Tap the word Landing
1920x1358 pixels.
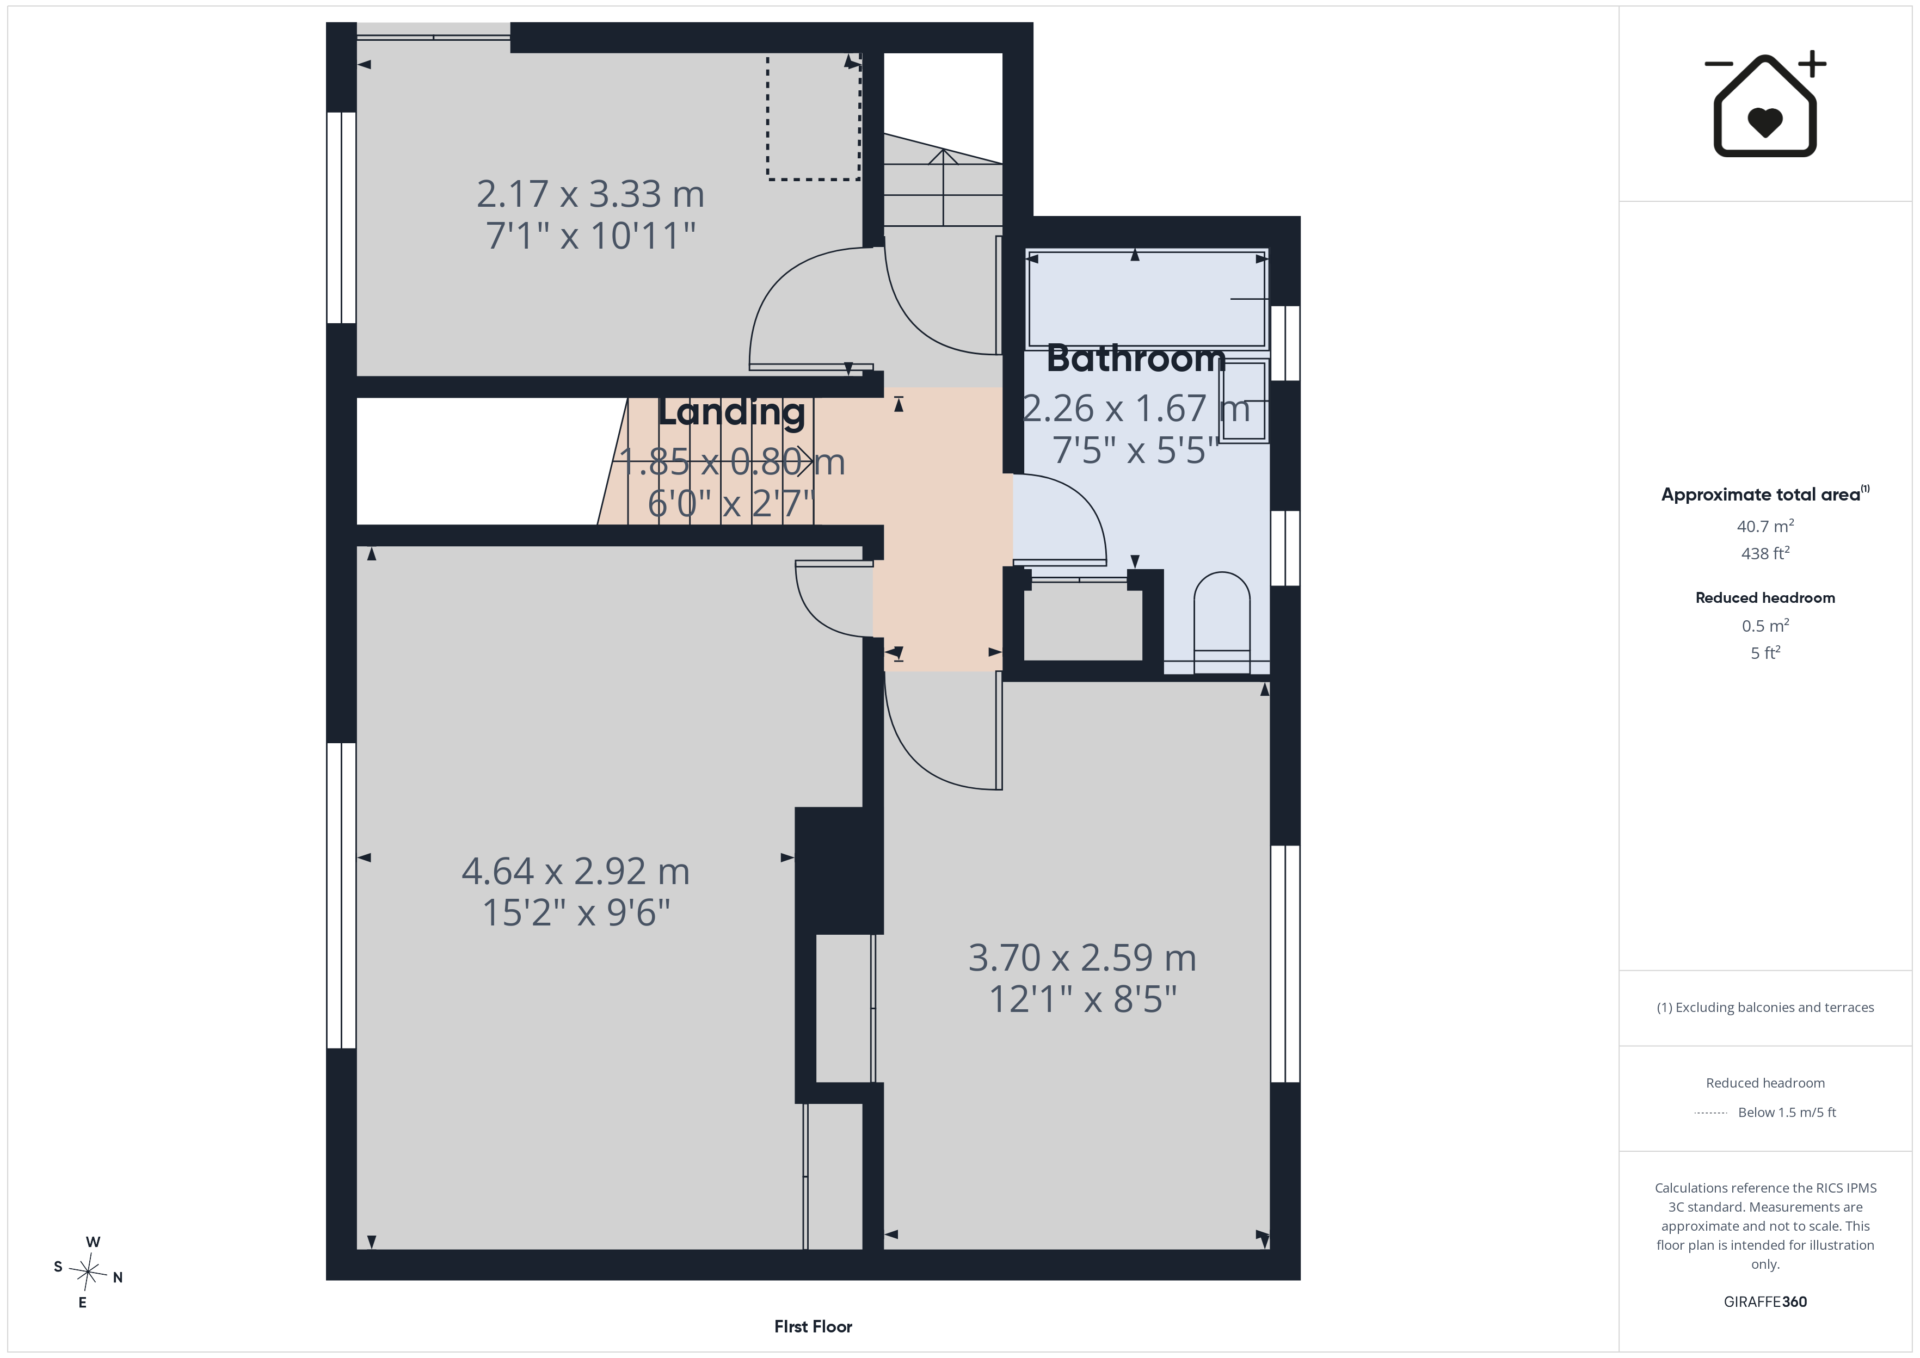(x=731, y=413)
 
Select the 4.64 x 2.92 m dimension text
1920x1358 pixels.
(x=575, y=871)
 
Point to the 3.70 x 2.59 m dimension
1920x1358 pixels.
(x=1082, y=958)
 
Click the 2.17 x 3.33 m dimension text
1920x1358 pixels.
(x=590, y=194)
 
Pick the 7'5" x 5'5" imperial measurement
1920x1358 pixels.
(x=1136, y=450)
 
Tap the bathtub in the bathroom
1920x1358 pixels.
(x=1147, y=299)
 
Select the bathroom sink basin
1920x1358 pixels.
(x=1244, y=402)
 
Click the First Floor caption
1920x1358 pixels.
(x=813, y=1326)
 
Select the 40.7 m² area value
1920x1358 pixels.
(x=1765, y=526)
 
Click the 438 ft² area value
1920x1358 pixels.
(x=1765, y=553)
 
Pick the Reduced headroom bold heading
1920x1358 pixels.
(x=1765, y=598)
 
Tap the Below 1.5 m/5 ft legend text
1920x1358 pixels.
(x=1787, y=1112)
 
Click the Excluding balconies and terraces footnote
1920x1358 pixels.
(x=1765, y=1008)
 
